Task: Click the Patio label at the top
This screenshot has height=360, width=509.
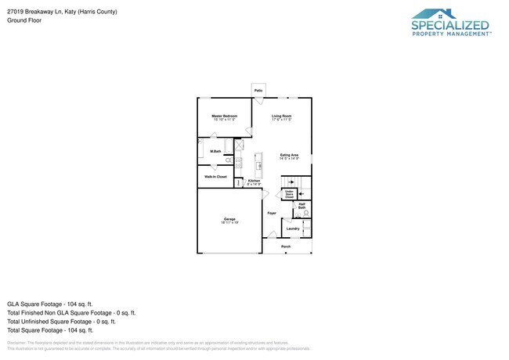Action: pos(258,91)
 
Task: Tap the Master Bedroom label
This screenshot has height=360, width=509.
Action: pos(224,116)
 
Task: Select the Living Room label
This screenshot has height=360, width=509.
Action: pos(282,116)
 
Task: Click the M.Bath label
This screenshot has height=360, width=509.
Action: pos(215,150)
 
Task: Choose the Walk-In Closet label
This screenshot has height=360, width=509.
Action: pos(215,177)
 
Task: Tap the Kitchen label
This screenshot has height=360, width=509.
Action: pos(254,181)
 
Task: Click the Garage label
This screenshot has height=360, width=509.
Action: pos(229,219)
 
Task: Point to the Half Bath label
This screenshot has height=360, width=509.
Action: pos(301,206)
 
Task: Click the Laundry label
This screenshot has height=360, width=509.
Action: pos(292,229)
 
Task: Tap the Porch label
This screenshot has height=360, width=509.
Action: pos(286,246)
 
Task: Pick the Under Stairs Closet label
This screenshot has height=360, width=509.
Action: pos(289,194)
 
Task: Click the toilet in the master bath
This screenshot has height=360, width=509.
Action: pos(229,160)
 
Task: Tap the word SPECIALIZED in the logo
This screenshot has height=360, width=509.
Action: pos(451,25)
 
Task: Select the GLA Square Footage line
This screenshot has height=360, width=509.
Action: pos(50,303)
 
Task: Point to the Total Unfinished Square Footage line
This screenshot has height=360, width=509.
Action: pos(61,321)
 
